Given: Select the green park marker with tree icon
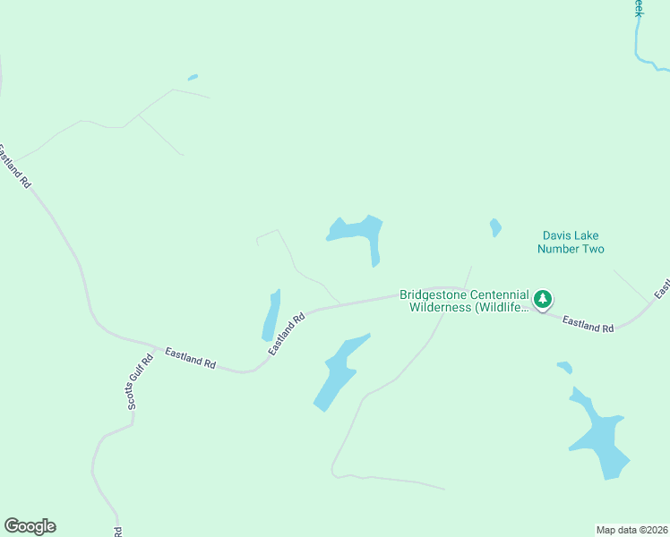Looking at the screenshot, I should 543,300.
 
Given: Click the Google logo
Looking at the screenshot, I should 30,526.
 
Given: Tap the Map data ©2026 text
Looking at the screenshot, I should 631,530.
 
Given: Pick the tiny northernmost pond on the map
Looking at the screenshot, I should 193,78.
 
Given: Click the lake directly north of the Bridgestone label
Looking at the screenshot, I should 360,231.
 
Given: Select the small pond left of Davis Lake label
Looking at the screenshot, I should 495,227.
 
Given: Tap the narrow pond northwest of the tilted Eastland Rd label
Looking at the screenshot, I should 271,315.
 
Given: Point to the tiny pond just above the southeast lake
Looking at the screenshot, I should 564,367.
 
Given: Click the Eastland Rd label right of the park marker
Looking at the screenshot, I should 588,324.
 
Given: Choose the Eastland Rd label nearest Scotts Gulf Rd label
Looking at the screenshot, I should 190,358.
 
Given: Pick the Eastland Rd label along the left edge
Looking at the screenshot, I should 15,166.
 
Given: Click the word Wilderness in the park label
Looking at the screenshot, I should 447,308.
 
